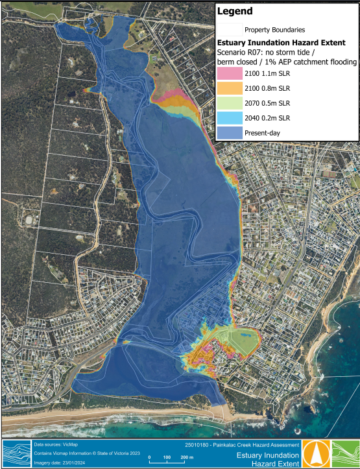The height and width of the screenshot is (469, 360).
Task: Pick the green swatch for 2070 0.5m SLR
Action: click(228, 103)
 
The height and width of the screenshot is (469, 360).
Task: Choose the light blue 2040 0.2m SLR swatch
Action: click(228, 117)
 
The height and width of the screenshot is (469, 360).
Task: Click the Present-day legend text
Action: click(263, 133)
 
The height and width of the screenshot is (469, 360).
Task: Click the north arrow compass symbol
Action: click(317, 452)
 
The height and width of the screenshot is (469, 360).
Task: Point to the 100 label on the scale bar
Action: click(167, 458)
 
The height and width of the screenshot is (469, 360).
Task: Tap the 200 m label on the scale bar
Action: click(186, 458)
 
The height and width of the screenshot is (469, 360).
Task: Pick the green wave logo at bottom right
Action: click(346, 452)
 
